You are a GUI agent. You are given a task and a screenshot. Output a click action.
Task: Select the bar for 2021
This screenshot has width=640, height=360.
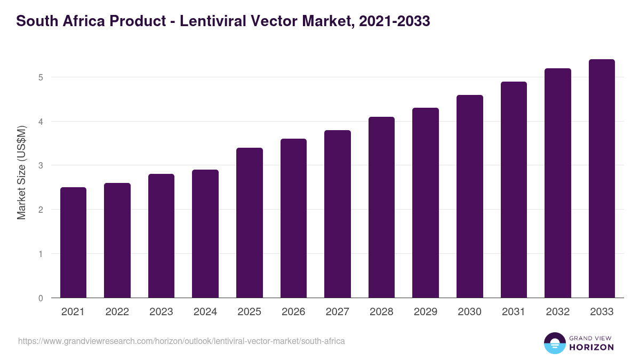73,243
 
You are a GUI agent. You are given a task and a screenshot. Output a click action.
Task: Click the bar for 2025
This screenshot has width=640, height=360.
250,223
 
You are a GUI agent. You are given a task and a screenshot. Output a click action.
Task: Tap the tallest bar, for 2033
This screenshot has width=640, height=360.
602,179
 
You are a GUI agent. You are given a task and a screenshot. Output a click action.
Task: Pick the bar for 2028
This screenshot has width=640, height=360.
381,207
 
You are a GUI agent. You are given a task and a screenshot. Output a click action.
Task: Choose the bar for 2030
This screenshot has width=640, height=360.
470,196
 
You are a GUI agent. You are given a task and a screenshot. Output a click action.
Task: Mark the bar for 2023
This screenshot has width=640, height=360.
161,236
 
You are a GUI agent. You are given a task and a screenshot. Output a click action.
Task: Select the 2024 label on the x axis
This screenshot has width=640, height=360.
205,312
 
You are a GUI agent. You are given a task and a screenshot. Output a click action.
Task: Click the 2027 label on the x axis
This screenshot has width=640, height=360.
337,312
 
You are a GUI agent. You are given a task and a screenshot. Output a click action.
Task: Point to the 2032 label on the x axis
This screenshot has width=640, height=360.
557,312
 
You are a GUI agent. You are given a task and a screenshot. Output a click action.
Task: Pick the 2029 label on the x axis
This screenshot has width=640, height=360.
426,312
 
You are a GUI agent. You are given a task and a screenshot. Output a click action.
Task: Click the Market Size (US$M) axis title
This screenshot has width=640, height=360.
21,172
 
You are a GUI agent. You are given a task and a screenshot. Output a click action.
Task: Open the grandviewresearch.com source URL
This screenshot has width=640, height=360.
181,341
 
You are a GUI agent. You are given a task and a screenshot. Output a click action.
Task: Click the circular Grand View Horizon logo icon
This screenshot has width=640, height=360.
554,343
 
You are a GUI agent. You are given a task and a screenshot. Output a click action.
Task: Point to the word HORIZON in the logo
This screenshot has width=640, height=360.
591,347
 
